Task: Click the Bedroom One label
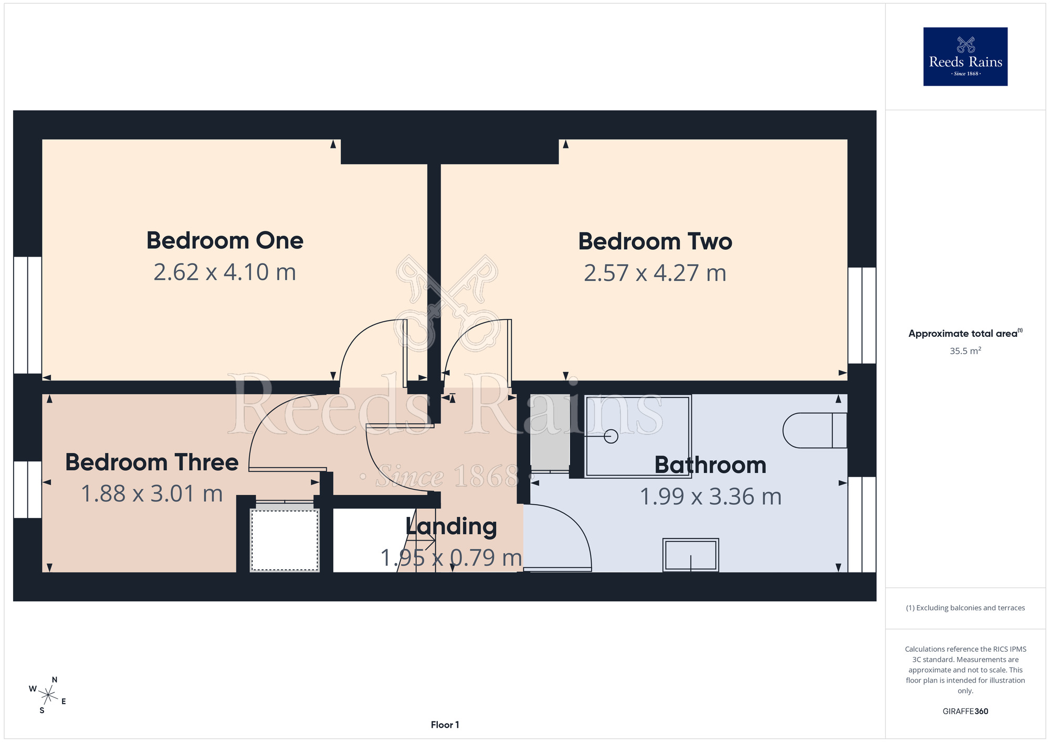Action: point(225,241)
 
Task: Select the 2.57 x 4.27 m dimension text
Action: point(655,273)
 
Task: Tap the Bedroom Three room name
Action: point(152,462)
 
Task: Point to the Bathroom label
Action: point(710,465)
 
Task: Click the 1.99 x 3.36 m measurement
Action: point(711,497)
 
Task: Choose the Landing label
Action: point(451,527)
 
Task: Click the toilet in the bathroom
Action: point(815,430)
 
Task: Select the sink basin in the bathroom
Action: point(690,555)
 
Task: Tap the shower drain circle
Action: point(611,436)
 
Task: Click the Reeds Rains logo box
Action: point(965,57)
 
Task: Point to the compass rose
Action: point(48,696)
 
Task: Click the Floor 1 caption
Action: point(445,725)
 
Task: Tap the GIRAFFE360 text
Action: point(965,712)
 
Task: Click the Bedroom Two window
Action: point(862,315)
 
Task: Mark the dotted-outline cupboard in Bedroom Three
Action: point(285,539)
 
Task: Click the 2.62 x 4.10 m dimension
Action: point(225,272)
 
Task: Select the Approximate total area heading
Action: point(965,333)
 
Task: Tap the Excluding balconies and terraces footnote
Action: point(965,608)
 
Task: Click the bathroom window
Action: point(862,524)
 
